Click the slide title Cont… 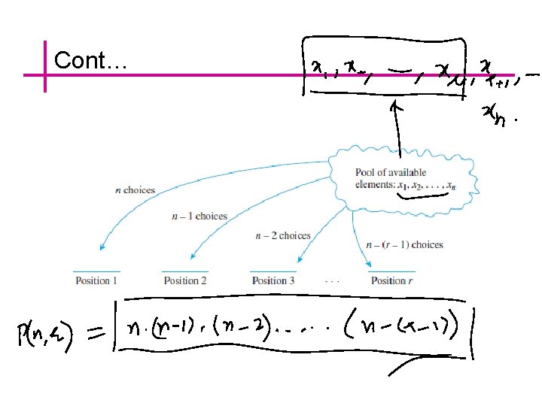(x=89, y=60)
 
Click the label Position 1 (x=96, y=281)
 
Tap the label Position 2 (x=185, y=281)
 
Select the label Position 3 (x=273, y=281)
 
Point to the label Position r (x=392, y=281)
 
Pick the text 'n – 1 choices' (x=199, y=217)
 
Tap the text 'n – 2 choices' (x=282, y=236)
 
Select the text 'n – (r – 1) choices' (x=404, y=244)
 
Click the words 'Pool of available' (x=391, y=172)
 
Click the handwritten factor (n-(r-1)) (x=410, y=330)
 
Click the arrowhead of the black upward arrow (x=392, y=108)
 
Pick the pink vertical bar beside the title (x=45, y=66)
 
